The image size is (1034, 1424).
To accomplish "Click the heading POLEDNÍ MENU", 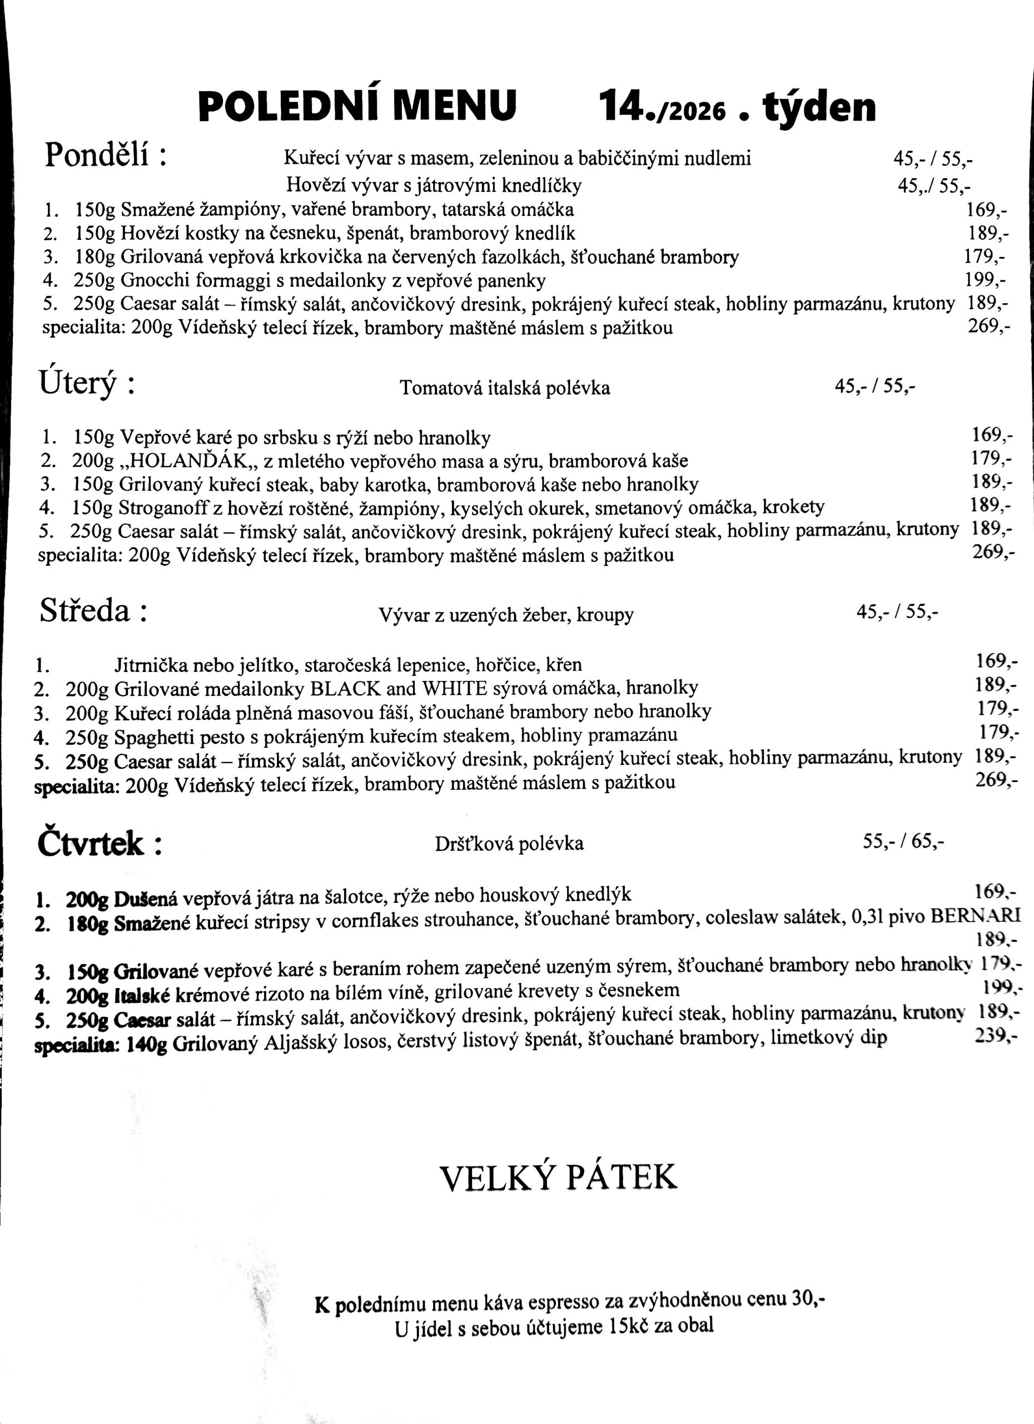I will pos(357,106).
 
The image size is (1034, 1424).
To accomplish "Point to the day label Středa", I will pos(84,610).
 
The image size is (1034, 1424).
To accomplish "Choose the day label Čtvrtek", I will pos(91,843).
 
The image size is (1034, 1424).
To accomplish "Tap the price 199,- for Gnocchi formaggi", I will pos(985,279).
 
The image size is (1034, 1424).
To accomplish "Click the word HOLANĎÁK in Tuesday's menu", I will pos(186,461).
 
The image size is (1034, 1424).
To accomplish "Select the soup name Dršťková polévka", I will pos(509,843).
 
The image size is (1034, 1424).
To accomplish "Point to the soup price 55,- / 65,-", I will pos(903,840).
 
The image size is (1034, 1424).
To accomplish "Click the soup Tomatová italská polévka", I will pos(504,388).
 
